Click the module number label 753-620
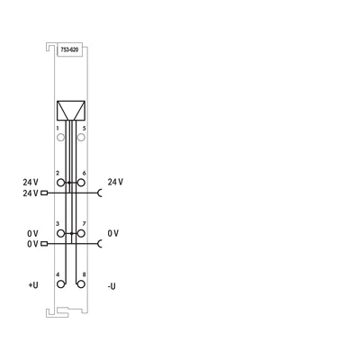[x=69, y=50]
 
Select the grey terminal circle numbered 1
[x=60, y=138]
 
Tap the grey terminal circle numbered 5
[x=81, y=138]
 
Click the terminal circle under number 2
[x=60, y=183]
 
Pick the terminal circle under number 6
[x=81, y=183]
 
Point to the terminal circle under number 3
[x=60, y=233]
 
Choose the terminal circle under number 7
[x=81, y=233]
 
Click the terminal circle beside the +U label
[x=60, y=284]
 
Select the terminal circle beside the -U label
[x=81, y=284]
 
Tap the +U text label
[x=33, y=284]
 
